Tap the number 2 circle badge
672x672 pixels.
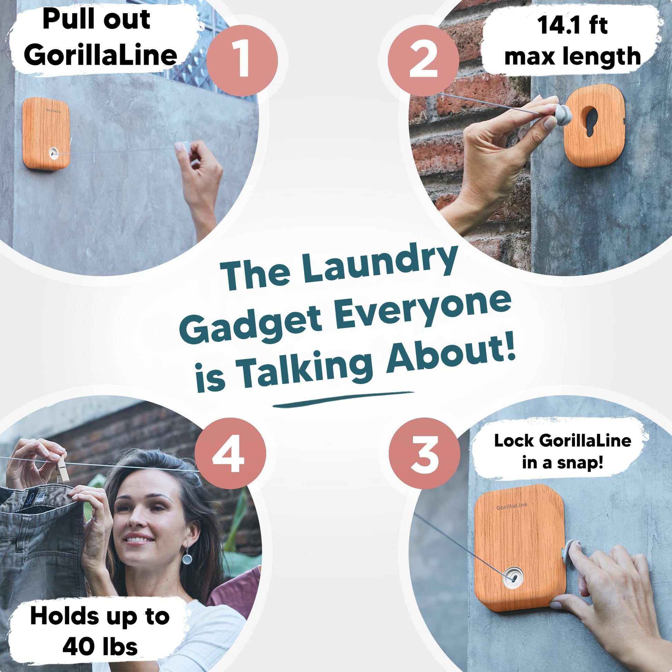pos(423,60)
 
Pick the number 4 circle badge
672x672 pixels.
pos(230,453)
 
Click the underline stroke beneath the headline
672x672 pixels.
pos(343,399)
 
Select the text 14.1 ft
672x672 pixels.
pos(573,25)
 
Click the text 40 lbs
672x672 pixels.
pos(100,647)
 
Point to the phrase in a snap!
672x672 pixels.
pos(562,463)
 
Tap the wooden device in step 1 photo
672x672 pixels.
pos(46,134)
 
